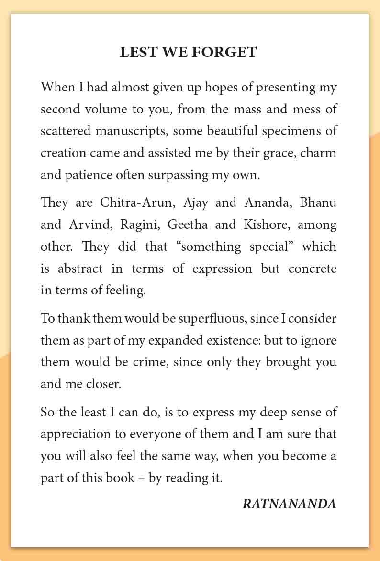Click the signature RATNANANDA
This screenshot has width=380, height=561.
point(289,504)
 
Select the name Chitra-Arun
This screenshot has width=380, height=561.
point(134,202)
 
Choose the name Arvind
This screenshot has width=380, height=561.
point(89,224)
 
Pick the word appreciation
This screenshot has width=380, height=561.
point(71,434)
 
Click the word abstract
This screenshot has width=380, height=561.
point(80,269)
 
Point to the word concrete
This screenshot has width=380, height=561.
point(313,269)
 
